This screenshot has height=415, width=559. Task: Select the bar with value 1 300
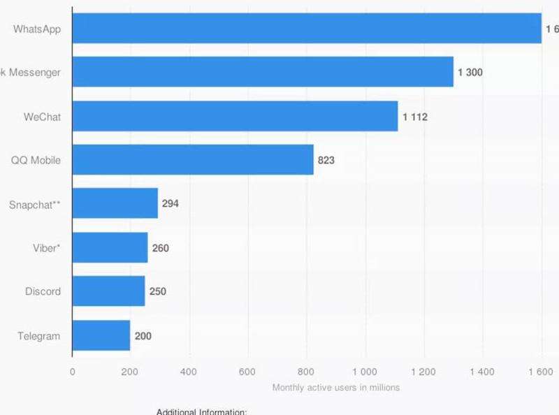[x=263, y=72]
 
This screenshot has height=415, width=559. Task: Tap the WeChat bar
[x=235, y=116]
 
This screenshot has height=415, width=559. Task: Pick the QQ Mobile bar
[x=193, y=160]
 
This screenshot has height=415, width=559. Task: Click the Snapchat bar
[x=115, y=203]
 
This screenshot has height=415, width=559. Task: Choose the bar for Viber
[x=110, y=247]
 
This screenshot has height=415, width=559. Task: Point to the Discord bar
[x=108, y=291]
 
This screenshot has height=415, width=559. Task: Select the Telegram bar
[x=101, y=335]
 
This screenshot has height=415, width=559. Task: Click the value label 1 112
[x=414, y=117]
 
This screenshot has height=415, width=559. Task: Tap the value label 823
[x=326, y=160]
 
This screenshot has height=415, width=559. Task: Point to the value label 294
[x=170, y=204]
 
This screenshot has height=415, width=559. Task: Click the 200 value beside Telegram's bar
[x=143, y=336]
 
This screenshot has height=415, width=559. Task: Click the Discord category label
[x=43, y=291]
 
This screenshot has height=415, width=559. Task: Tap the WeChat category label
[x=42, y=117]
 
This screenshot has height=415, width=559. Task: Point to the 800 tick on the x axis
[x=306, y=372]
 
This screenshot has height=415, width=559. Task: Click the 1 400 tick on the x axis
[x=481, y=372]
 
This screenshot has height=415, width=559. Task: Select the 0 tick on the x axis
[x=73, y=372]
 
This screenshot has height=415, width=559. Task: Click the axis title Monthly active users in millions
[x=335, y=387]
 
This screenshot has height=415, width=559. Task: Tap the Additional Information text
[x=201, y=412]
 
